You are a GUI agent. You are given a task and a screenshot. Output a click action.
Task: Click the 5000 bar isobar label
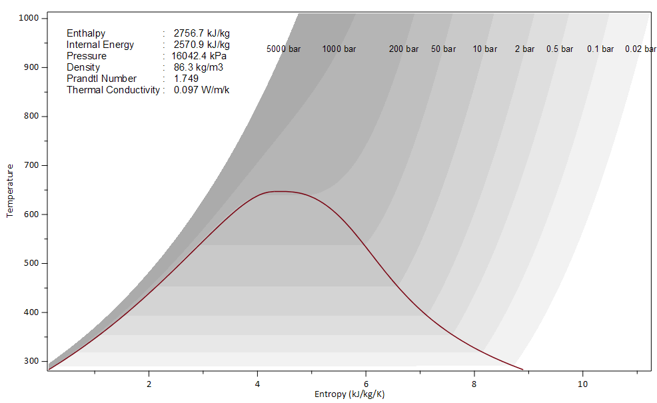click(x=283, y=49)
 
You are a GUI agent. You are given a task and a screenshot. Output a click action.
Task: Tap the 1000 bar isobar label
click(x=339, y=49)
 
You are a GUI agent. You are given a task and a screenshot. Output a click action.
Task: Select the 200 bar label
click(x=404, y=49)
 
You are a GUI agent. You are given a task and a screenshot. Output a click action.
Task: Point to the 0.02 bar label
click(x=640, y=49)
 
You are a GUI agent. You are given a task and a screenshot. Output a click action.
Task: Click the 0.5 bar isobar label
click(x=560, y=49)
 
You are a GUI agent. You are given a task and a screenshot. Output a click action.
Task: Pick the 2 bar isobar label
click(x=524, y=49)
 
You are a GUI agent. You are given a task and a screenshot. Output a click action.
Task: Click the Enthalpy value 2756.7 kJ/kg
click(x=202, y=33)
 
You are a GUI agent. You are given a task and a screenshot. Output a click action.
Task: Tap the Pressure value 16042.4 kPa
click(x=199, y=56)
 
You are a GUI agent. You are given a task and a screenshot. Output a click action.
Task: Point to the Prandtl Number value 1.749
click(x=186, y=79)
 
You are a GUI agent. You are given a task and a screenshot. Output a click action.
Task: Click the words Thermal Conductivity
click(x=113, y=90)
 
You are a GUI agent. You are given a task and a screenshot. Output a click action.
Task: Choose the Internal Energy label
click(x=100, y=45)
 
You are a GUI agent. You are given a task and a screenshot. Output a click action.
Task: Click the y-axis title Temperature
click(x=10, y=191)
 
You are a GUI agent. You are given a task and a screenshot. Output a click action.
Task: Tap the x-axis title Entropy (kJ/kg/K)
click(x=349, y=394)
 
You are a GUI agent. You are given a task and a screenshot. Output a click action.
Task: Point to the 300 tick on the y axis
click(x=31, y=361)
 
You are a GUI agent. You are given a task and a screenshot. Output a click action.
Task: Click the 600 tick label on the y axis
click(x=31, y=214)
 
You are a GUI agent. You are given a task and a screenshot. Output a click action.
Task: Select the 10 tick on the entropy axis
click(x=582, y=384)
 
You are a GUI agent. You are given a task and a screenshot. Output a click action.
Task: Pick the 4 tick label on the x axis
click(x=257, y=384)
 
